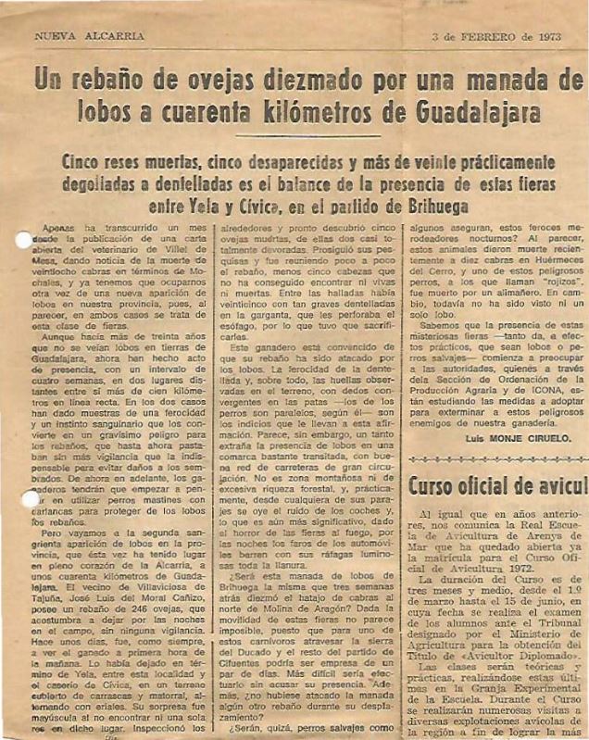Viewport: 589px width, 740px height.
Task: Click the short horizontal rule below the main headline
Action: click(x=295, y=137)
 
